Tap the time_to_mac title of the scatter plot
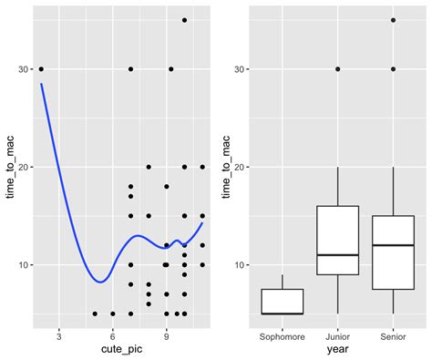pyautogui.click(x=10, y=165)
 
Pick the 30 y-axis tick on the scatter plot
pyautogui.click(x=23, y=69)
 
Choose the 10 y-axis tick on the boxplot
pyautogui.click(x=241, y=265)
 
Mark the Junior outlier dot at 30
pyautogui.click(x=337, y=69)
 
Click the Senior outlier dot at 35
pyautogui.click(x=394, y=20)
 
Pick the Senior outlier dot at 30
pyautogui.click(x=394, y=69)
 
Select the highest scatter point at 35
pyautogui.click(x=184, y=20)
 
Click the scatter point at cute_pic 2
pyautogui.click(x=41, y=69)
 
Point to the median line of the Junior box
pyautogui.click(x=337, y=255)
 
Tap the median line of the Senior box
pyautogui.click(x=394, y=245)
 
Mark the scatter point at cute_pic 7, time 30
pyautogui.click(x=130, y=69)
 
